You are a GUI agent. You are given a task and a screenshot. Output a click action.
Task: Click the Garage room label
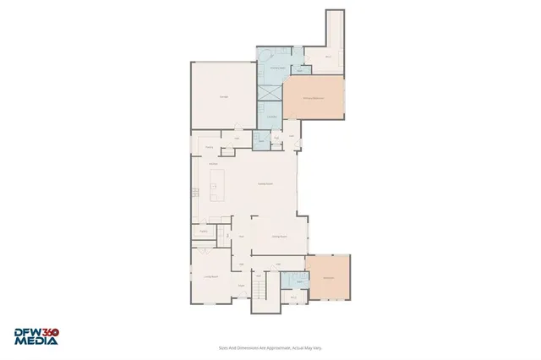(224, 98)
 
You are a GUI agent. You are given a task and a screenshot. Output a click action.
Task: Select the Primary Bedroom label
(314, 99)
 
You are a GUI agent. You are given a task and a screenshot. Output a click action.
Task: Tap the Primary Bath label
(276, 68)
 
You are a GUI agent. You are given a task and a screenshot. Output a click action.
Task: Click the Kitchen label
(214, 163)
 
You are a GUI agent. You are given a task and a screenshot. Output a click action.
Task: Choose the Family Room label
(265, 184)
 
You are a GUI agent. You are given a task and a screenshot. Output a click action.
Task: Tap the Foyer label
(241, 286)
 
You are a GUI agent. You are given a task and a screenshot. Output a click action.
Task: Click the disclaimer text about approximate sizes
(270, 347)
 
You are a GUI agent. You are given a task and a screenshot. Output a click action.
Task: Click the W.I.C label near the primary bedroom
(330, 57)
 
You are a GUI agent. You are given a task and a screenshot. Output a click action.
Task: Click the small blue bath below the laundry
(261, 139)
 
